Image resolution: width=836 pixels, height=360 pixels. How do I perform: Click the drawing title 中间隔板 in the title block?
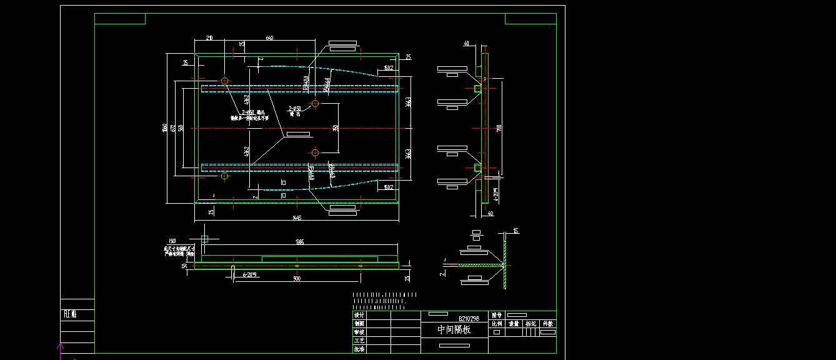454,330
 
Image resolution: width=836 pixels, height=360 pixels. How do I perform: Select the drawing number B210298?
469,318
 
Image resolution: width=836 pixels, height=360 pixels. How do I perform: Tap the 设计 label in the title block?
359,316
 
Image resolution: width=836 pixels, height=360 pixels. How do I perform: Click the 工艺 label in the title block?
359,341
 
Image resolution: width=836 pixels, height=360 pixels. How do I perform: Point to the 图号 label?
497,316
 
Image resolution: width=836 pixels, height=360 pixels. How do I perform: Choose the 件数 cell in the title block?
547,324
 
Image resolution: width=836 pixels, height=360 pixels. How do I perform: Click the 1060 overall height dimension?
165,128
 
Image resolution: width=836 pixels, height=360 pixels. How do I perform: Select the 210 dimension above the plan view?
209,39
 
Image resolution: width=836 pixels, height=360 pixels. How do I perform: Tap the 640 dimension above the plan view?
269,39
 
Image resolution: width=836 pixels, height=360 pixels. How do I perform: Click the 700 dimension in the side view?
499,128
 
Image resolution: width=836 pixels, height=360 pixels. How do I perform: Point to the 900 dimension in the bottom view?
297,278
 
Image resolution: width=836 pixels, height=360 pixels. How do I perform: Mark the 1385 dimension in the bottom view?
299,242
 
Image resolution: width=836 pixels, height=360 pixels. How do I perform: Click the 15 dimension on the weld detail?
515,232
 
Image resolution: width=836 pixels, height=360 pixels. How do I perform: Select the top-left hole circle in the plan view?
224,81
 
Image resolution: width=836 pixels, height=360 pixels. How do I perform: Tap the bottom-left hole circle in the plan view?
224,176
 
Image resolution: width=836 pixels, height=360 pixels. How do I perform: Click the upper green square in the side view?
478,89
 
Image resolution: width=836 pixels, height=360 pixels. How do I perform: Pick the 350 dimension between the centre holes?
336,127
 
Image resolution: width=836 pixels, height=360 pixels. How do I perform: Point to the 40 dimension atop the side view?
466,44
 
